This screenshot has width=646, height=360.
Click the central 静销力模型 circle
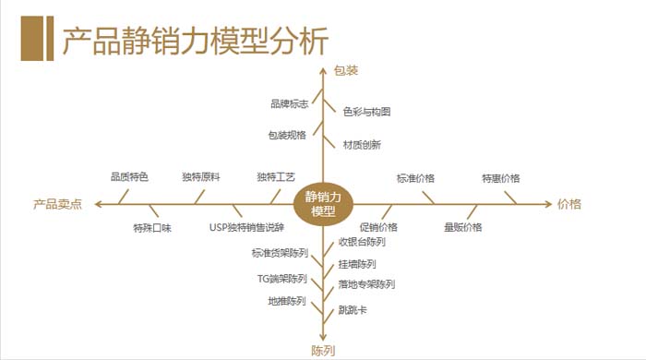pos(324,204)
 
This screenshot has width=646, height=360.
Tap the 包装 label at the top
pos(346,70)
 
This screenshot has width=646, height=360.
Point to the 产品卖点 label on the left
pos(58,205)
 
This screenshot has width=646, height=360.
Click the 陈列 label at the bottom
pos(322,351)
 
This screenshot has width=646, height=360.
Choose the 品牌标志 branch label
pos(289,103)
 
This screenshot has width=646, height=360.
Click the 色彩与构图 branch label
pos(367,112)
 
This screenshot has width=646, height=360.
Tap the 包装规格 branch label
pos(287,135)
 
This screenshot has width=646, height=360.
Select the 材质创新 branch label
pos(362,144)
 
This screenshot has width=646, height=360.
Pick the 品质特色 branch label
pos(129,176)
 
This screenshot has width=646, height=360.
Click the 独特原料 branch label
pos(200,176)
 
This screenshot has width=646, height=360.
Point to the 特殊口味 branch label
pos(152,227)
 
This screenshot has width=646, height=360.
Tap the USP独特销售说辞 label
pos(246,227)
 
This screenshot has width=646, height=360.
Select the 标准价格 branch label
pos(415,178)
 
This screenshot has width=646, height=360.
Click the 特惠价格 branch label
pos(500,178)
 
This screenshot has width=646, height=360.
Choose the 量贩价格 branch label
pos(462,227)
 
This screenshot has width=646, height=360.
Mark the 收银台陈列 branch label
pos(362,242)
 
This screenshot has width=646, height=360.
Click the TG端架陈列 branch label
pos(281,279)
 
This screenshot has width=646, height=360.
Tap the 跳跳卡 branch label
pos(353,310)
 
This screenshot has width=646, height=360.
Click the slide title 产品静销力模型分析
pos(194,42)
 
